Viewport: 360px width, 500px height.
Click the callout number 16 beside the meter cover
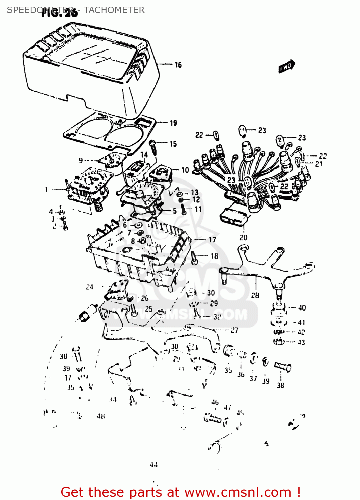pyautogui.click(x=178, y=65)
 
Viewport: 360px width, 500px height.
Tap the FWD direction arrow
pyautogui.click(x=286, y=66)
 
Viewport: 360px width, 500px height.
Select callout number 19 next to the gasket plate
pyautogui.click(x=174, y=123)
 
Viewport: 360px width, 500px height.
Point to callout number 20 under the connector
pyautogui.click(x=243, y=238)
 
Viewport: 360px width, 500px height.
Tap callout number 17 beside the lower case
pyautogui.click(x=212, y=240)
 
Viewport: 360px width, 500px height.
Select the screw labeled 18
pyautogui.click(x=194, y=258)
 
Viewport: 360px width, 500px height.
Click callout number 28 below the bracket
pyautogui.click(x=255, y=295)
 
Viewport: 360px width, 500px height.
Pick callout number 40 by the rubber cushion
pyautogui.click(x=302, y=308)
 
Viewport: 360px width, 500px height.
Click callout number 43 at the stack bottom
pyautogui.click(x=301, y=342)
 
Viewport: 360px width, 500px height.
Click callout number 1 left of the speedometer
pyautogui.click(x=46, y=189)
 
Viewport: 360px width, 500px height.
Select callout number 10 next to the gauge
pyautogui.click(x=185, y=170)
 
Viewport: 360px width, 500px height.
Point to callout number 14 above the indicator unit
pyautogui.click(x=144, y=155)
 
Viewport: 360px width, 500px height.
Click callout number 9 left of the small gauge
pyautogui.click(x=81, y=161)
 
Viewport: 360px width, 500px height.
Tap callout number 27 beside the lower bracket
pyautogui.click(x=234, y=330)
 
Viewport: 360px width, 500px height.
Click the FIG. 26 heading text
pyautogui.click(x=60, y=13)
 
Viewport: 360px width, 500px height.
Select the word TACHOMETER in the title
pyautogui.click(x=114, y=10)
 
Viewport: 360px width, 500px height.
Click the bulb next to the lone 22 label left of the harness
pyautogui.click(x=216, y=135)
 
